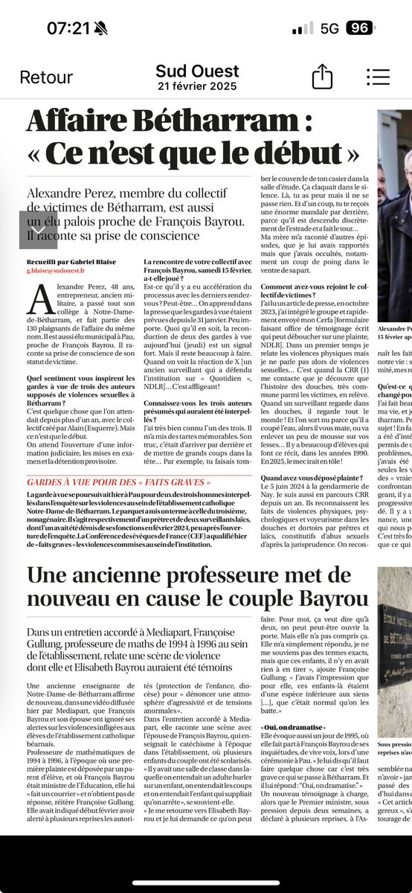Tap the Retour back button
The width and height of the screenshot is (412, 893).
46,77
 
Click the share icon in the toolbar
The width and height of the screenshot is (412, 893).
321,76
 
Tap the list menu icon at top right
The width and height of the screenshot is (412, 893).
379,76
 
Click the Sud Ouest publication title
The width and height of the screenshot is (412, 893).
197,71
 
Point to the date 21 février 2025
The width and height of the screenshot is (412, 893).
197,86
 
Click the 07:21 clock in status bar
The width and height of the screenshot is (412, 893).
68,28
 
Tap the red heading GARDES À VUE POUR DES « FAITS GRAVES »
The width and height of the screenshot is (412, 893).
124,480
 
